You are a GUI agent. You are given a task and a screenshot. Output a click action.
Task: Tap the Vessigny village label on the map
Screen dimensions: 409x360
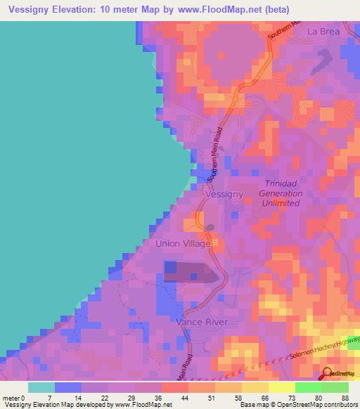(224, 193)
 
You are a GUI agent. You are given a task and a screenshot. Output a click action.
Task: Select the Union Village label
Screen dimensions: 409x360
(183, 243)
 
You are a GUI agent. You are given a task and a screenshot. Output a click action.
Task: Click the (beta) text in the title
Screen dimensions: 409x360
(273, 10)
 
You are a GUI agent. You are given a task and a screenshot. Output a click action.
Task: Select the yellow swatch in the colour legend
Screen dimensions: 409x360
(281, 387)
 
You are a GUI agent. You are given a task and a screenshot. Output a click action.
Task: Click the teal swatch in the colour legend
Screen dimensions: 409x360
(41, 387)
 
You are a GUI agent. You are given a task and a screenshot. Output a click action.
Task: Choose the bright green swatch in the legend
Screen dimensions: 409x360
(308, 387)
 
